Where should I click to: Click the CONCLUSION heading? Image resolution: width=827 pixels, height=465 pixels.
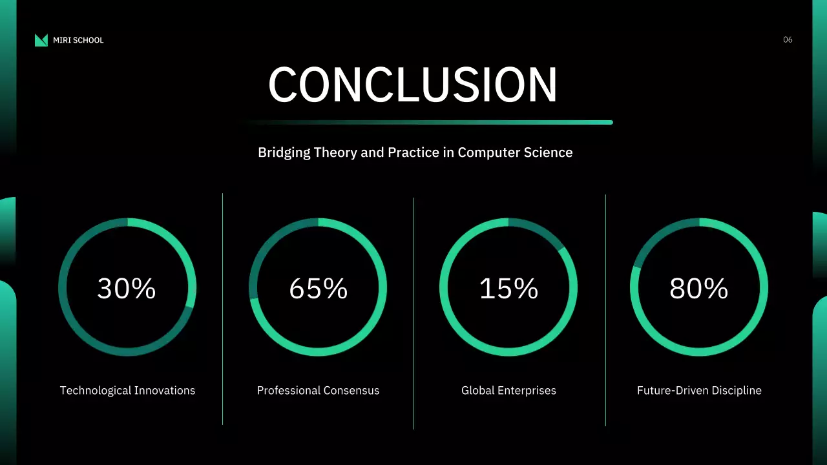click(413, 85)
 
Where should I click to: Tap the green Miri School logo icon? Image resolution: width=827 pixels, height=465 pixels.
click(41, 40)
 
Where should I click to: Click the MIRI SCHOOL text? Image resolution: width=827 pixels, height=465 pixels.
click(78, 40)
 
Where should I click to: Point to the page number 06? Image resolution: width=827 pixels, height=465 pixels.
click(788, 40)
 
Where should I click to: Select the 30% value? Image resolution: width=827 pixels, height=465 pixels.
click(127, 289)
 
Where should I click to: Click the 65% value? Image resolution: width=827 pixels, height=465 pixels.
click(318, 289)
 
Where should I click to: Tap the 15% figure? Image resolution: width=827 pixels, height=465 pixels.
click(508, 289)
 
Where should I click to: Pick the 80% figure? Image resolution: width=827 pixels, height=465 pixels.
click(699, 289)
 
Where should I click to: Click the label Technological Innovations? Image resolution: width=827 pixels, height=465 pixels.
click(127, 391)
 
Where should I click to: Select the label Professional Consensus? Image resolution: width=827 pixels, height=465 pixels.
click(318, 391)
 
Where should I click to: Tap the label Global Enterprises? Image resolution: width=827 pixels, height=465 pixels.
click(508, 391)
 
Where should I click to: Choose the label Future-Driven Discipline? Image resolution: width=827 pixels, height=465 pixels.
click(699, 391)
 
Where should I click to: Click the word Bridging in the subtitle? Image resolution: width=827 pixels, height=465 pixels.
click(284, 153)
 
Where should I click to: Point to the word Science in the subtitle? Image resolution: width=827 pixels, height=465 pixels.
click(549, 153)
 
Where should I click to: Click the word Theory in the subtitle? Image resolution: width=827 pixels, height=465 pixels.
click(335, 153)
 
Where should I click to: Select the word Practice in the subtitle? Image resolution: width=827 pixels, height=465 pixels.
click(413, 153)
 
